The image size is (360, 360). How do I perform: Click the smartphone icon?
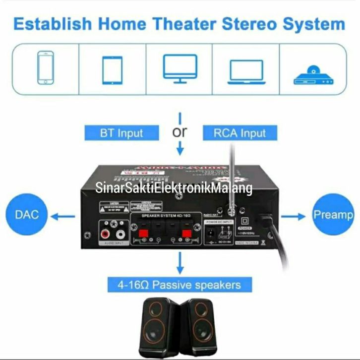(46, 69)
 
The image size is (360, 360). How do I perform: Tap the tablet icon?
(112, 69)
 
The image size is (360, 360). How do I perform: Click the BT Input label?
(121, 133)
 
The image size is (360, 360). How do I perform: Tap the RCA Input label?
(240, 133)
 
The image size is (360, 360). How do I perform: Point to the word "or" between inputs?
(180, 132)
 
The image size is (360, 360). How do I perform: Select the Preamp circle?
(333, 215)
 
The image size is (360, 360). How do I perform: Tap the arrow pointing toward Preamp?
(296, 216)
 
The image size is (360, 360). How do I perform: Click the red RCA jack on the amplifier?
(106, 231)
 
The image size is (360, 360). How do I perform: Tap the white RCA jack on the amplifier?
(119, 231)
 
